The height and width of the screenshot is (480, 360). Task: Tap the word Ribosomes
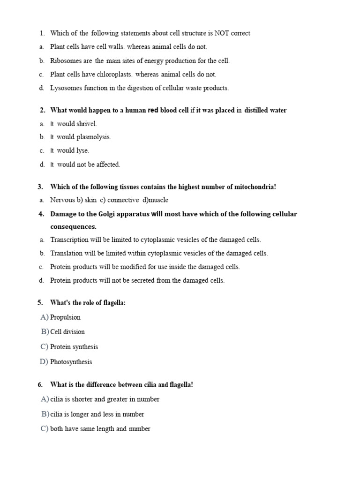click(65, 60)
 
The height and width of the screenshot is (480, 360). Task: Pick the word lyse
click(82, 151)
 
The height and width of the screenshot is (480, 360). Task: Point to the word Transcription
click(69, 240)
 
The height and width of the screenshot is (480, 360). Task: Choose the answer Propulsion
click(65, 317)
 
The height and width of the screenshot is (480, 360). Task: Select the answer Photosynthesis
click(71, 362)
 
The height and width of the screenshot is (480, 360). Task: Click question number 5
click(40, 303)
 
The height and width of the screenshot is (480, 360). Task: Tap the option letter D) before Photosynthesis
click(45, 362)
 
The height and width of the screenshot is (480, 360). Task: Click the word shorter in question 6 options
click(84, 399)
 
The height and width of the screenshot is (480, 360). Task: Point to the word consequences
click(73, 227)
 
